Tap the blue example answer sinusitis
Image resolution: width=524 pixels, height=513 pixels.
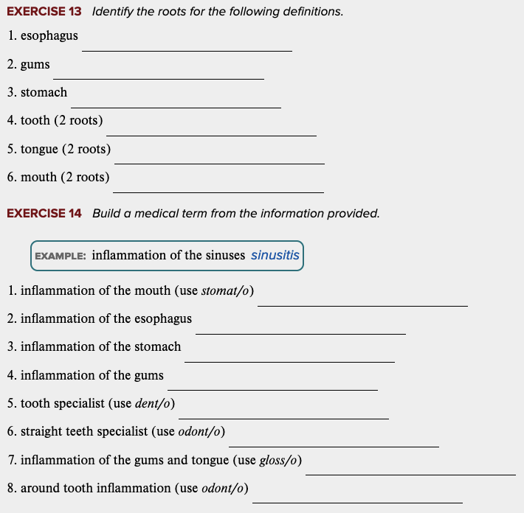275,256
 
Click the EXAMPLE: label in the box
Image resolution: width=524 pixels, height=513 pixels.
61,256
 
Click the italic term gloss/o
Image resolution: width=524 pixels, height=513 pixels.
279,460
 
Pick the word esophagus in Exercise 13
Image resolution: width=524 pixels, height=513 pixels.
49,35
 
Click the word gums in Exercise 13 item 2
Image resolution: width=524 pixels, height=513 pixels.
35,64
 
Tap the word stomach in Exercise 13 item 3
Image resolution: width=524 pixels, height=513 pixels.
44,92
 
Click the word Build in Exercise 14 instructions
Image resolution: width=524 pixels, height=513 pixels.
106,214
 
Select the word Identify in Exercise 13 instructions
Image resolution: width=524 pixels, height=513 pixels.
114,13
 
